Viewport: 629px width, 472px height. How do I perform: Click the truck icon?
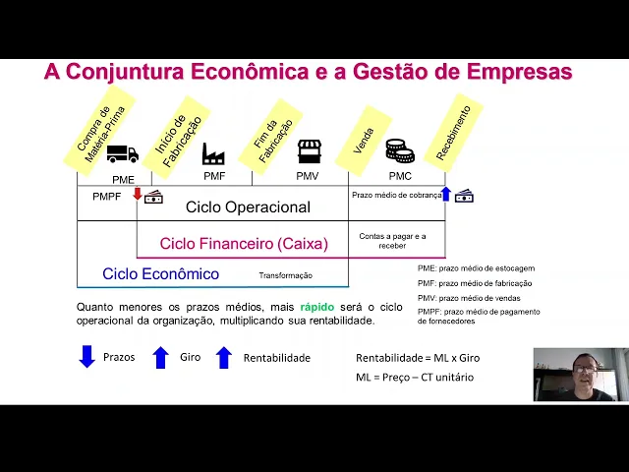click(x=122, y=153)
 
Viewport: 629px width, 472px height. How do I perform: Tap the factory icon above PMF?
click(x=213, y=153)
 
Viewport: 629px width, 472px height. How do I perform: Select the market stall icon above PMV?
click(x=310, y=151)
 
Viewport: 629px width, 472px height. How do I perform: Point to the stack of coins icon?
click(x=399, y=150)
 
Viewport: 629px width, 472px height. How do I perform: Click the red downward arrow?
click(x=138, y=194)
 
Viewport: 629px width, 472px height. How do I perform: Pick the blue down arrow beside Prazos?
click(x=86, y=357)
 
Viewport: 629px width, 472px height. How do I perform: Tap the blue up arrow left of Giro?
click(x=161, y=357)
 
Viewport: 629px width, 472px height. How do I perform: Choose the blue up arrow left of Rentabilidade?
click(x=223, y=357)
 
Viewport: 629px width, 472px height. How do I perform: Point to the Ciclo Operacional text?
click(x=248, y=207)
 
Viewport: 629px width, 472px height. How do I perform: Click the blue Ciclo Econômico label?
click(x=160, y=274)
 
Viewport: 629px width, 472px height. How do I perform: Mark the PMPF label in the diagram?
click(x=107, y=197)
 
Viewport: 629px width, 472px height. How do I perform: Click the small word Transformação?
click(x=285, y=275)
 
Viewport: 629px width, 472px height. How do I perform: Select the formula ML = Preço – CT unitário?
click(x=414, y=378)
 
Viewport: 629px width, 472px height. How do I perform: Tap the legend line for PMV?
click(x=469, y=298)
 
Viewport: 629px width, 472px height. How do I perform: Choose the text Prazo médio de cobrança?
click(x=396, y=196)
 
